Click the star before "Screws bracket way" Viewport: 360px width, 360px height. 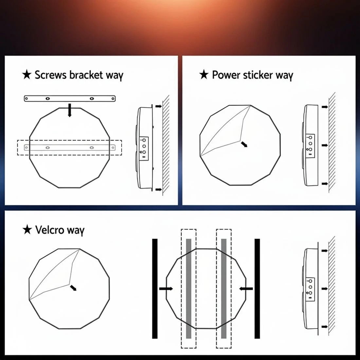27,75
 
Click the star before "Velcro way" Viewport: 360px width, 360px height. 27,230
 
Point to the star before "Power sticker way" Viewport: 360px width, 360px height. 204,75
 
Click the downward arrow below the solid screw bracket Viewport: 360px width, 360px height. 70,110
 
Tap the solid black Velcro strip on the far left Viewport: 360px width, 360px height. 155,289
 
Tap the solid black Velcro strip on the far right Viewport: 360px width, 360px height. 257,289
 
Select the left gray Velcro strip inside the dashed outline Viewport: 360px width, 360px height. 189,289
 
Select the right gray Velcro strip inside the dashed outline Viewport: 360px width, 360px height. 224,289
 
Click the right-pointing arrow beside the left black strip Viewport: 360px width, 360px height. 166,289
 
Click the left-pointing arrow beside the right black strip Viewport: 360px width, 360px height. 246,289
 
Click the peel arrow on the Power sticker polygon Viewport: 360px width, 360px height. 244,144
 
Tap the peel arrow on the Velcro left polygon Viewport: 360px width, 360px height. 73,288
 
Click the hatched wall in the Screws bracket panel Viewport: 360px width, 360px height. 166,145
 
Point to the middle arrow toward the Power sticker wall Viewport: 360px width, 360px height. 324,145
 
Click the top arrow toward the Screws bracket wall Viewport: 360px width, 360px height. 159,106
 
